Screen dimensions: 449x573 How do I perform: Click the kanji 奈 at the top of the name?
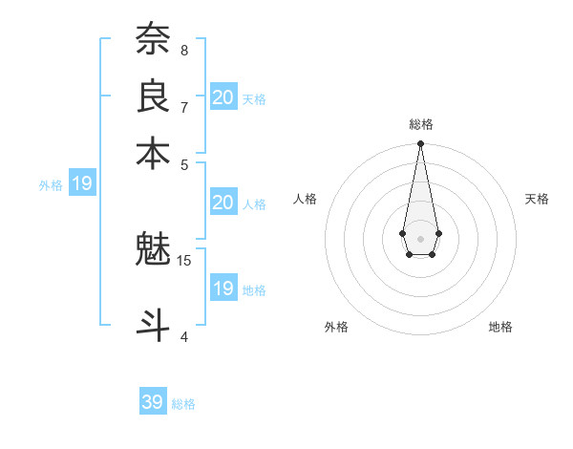[x=153, y=39]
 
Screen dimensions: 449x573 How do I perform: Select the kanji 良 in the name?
[x=153, y=96]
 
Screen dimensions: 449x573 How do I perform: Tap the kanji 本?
[x=153, y=152]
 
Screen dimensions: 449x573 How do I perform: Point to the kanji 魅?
[x=153, y=249]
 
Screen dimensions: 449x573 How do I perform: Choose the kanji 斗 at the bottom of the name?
[x=153, y=325]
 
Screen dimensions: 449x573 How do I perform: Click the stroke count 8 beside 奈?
[x=184, y=50]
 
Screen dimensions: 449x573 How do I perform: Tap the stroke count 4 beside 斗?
[x=184, y=335]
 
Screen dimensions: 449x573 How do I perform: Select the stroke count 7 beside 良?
[x=184, y=106]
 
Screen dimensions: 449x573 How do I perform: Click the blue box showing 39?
[x=153, y=402]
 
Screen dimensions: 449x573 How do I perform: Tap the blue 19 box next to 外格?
[x=82, y=184]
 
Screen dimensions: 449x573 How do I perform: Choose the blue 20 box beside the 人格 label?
[x=223, y=203]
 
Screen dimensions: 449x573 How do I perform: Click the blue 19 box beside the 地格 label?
[x=223, y=289]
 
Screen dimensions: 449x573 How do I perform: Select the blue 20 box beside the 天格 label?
[x=223, y=96]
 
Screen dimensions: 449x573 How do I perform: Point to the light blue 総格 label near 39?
[x=183, y=404]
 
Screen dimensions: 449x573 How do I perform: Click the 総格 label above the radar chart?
[x=420, y=124]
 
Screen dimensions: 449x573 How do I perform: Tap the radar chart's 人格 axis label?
[x=306, y=199]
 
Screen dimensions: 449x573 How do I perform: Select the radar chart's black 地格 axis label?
[x=500, y=327]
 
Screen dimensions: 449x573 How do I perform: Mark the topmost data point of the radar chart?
[x=420, y=144]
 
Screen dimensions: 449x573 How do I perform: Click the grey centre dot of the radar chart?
[x=420, y=237]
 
